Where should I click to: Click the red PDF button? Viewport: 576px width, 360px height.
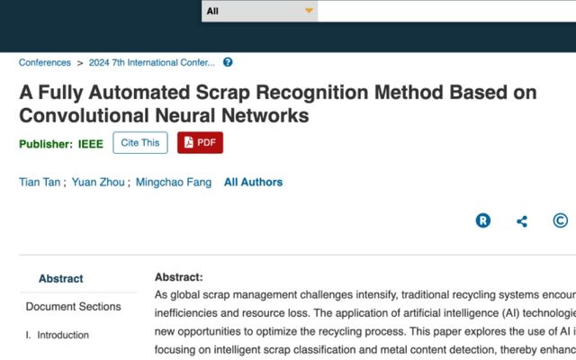tap(200, 142)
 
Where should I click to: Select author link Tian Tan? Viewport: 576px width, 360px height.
tap(40, 182)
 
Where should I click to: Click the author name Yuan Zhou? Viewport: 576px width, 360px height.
tap(98, 182)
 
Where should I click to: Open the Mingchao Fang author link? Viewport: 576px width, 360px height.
tap(174, 183)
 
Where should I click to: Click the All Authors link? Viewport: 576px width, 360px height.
tap(254, 182)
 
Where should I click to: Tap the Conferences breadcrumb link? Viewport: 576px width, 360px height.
tap(45, 62)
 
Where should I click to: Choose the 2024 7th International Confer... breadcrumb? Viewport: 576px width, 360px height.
tap(152, 62)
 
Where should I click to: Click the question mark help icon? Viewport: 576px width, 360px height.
tap(228, 62)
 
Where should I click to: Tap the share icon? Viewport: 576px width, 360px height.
tap(522, 221)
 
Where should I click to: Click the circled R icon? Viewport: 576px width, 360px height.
tap(483, 220)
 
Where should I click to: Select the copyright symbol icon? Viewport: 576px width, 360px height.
tap(561, 220)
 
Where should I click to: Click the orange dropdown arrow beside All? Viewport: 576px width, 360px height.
tap(310, 11)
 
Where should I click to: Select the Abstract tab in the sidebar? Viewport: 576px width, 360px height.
tap(61, 279)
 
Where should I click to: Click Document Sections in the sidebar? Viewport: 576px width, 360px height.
tap(74, 307)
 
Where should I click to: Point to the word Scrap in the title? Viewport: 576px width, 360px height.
tap(223, 93)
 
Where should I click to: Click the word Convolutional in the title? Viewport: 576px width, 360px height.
tap(84, 116)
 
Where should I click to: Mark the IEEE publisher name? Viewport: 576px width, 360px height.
tap(91, 144)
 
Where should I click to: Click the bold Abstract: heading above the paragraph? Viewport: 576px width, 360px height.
tap(179, 277)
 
